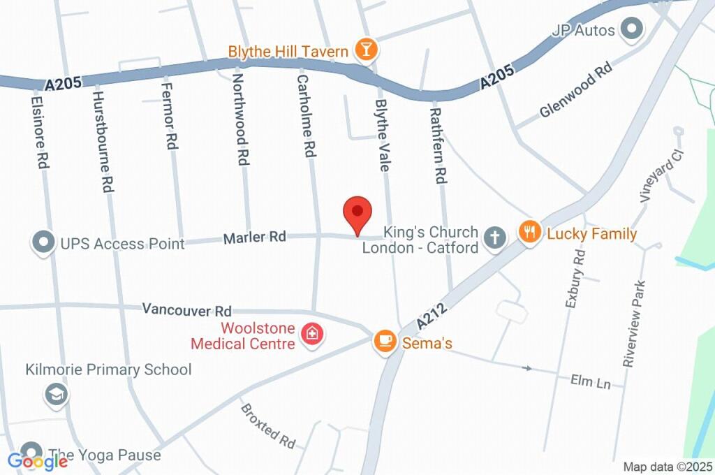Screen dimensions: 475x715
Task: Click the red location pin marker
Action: [x=357, y=212]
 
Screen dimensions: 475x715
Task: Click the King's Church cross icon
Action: [x=494, y=237]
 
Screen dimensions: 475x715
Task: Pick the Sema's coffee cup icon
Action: [x=384, y=341]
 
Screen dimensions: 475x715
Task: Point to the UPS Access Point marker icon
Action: [x=43, y=243]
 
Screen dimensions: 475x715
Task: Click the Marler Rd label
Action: [x=255, y=237]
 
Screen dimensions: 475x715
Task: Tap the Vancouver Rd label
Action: [x=186, y=309]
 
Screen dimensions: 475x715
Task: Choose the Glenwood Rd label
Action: [x=575, y=91]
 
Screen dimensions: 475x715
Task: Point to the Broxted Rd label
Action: [x=268, y=426]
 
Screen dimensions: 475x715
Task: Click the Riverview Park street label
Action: [x=635, y=323]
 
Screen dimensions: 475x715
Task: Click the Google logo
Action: [x=38, y=461]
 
